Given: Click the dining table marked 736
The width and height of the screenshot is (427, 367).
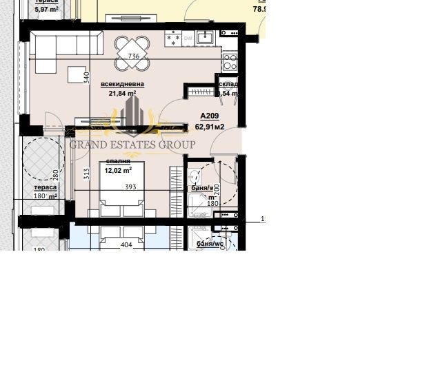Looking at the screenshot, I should coord(134,54).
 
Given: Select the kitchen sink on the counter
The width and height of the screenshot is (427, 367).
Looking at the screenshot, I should coord(204,37).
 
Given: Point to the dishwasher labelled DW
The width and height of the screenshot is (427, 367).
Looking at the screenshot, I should coord(188,39).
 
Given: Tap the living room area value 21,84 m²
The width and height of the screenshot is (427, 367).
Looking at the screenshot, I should coord(122,94).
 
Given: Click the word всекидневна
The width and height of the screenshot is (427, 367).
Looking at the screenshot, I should coord(122,84).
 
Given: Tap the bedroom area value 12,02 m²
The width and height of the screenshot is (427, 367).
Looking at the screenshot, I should coord(118,170).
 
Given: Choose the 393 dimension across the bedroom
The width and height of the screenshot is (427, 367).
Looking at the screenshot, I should coord(130,187).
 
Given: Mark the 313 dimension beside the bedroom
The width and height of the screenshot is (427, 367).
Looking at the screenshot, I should coord(87,174).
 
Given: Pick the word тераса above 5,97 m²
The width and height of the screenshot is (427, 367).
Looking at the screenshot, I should coord(46,2).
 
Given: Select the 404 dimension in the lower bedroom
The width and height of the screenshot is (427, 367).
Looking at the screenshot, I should coord(126,244).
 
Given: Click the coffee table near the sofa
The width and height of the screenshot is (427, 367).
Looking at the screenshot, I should coord(76,73).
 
